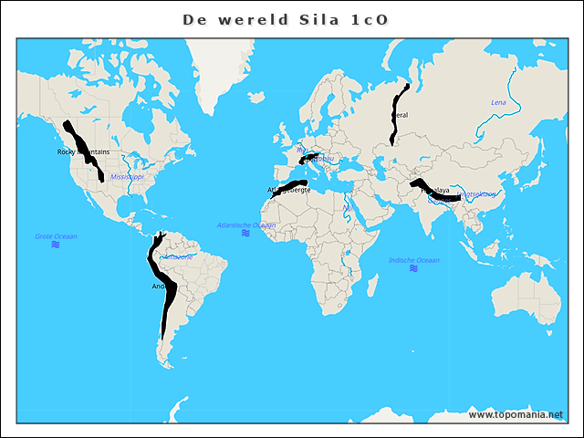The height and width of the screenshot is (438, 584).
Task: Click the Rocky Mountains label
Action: coord(83,151)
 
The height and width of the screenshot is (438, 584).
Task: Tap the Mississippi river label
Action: coord(127,176)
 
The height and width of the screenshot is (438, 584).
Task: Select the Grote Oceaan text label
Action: coord(57,236)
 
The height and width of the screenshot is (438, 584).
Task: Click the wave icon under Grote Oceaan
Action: coord(57,245)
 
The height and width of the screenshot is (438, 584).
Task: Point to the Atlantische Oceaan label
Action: coord(246,224)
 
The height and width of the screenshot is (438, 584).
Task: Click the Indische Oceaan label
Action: coord(414,260)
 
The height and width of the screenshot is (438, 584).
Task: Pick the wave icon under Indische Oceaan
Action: coord(414,269)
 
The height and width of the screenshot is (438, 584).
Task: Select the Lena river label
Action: coord(498,102)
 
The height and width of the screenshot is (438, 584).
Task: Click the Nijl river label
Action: coord(349,208)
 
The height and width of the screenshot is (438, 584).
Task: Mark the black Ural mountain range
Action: coord(398,109)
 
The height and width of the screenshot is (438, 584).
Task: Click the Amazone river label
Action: coord(178,256)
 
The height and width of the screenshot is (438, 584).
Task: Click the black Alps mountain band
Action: coord(311,157)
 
